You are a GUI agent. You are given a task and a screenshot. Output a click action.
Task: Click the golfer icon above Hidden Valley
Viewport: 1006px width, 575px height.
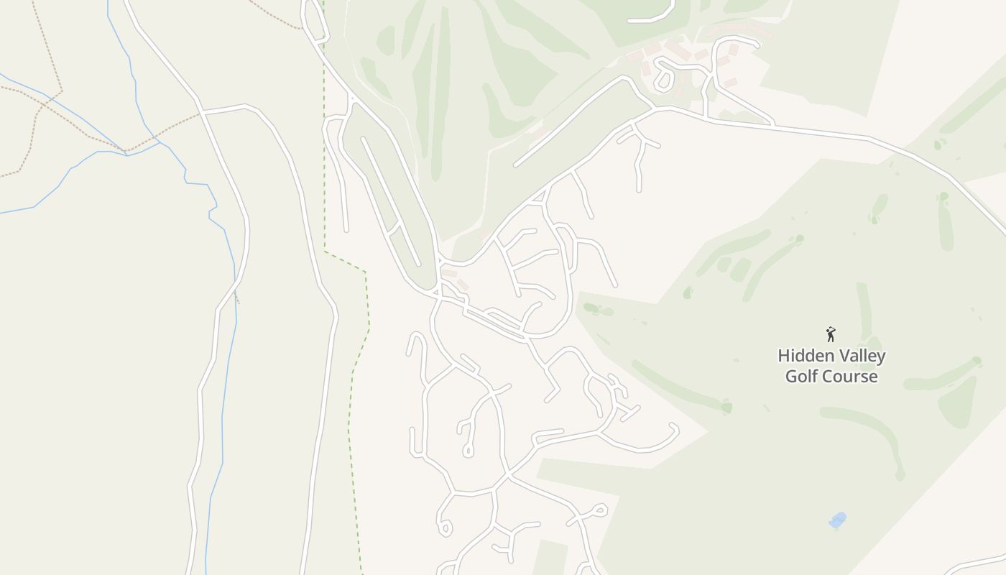click(831, 334)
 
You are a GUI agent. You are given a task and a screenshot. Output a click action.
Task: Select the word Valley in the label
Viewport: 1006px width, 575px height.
click(861, 356)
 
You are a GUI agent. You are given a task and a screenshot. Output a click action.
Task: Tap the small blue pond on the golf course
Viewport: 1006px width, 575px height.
click(837, 520)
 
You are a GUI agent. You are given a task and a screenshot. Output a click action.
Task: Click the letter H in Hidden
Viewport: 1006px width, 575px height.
click(784, 356)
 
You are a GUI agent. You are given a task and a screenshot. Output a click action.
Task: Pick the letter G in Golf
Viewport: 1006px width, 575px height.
click(791, 377)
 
